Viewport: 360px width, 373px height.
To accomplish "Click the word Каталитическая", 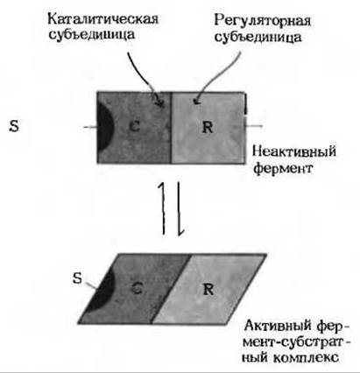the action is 102,19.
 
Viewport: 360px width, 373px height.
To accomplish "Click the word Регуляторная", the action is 262,21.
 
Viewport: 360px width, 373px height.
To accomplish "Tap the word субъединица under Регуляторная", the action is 258,38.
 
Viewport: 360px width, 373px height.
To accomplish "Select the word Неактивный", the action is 294,151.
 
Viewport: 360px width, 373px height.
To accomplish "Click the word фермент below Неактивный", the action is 283,168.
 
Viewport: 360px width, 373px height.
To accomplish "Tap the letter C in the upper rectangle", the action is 135,127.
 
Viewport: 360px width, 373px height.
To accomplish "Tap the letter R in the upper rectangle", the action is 208,127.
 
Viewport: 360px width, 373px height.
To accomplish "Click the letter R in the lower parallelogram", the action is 208,290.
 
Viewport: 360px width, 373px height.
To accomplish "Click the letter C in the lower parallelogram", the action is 137,288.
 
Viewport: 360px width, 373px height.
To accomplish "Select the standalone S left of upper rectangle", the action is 14,126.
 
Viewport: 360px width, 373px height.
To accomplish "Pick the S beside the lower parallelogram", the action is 77,278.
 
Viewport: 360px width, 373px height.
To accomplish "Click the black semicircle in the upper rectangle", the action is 104,127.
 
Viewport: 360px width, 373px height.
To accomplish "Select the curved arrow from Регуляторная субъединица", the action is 217,77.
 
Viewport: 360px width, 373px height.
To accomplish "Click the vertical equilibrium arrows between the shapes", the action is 171,208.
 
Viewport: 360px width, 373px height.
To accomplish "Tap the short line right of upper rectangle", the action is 253,126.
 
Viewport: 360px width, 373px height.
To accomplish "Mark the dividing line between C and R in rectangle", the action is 171,128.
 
